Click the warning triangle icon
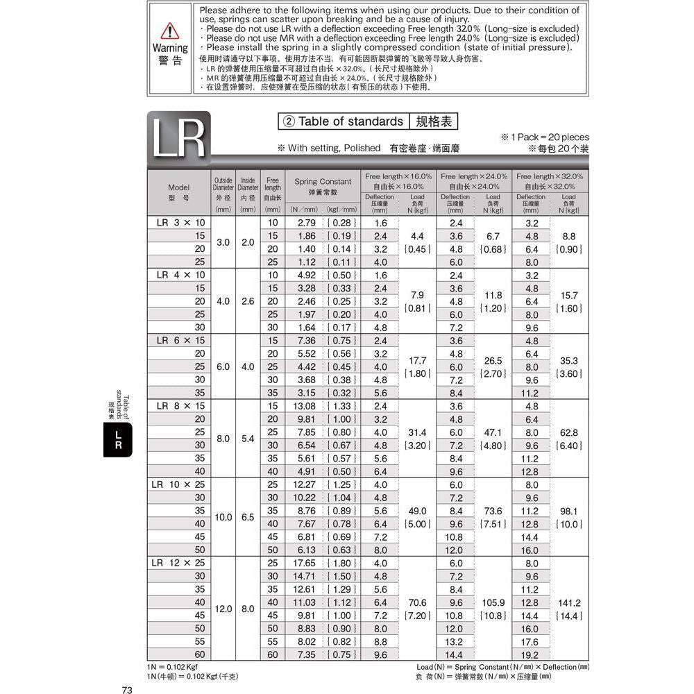tap(170, 31)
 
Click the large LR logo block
tap(178, 139)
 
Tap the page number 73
tap(127, 689)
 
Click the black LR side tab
tap(118, 441)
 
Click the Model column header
tap(178, 192)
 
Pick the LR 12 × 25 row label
tap(178, 563)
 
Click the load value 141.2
tap(569, 603)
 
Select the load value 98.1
tap(569, 511)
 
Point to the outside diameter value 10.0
tap(223, 517)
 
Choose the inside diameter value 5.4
tap(248, 439)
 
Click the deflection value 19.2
tap(532, 654)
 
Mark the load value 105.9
tap(493, 603)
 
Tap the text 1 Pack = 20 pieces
tap(544, 137)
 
